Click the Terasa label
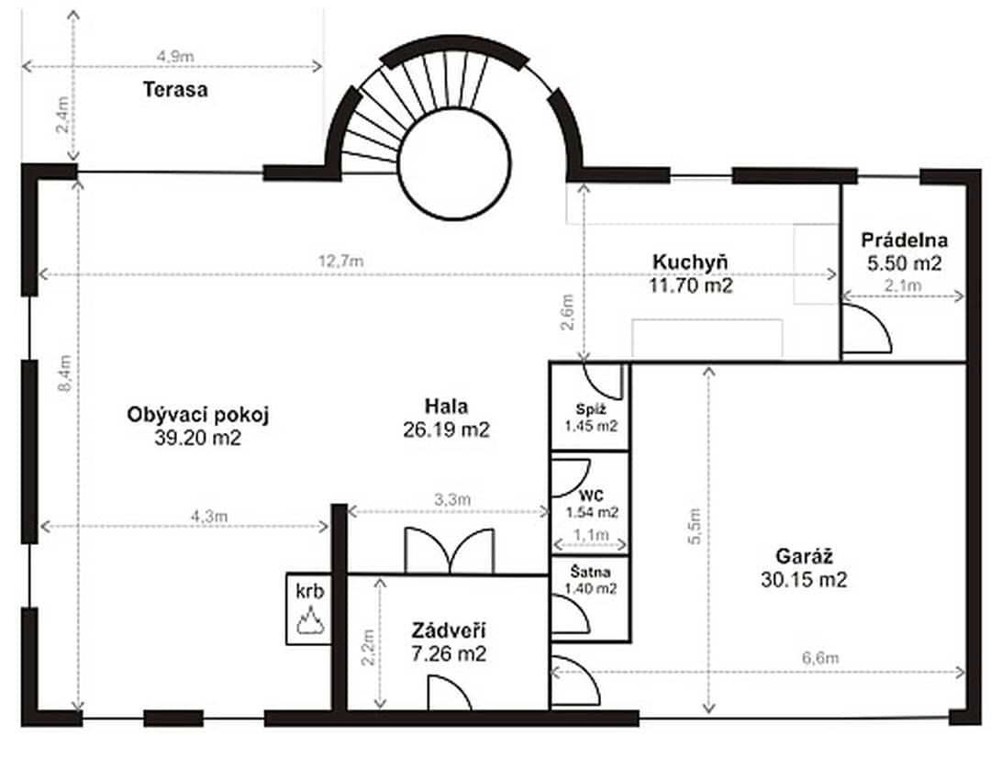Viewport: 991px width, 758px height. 175,89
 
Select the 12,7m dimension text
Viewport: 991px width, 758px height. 340,261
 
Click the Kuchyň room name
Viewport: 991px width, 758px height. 690,262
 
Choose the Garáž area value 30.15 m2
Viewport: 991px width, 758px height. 803,580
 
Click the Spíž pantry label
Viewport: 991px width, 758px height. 591,408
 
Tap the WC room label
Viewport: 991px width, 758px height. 591,496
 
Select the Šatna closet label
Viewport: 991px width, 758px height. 590,572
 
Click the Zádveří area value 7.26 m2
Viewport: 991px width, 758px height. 449,653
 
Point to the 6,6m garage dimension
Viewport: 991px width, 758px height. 820,658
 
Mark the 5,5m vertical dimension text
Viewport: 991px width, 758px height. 695,526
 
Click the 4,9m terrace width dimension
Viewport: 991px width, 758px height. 175,56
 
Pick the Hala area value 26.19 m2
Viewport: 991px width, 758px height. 446,429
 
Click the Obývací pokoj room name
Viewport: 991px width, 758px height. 198,416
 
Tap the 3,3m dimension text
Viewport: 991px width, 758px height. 451,499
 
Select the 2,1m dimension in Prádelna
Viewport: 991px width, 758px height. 903,285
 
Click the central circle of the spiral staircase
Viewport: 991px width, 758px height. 454,163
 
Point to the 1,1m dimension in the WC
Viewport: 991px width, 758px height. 591,536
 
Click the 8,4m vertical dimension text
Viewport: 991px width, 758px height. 64,373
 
